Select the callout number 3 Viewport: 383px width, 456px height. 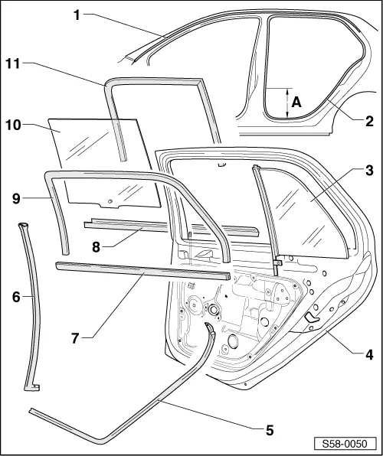tap(368, 171)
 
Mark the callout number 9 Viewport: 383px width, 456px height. tap(15, 197)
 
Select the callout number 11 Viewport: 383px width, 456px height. tap(13, 64)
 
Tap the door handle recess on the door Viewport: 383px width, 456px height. tap(312, 318)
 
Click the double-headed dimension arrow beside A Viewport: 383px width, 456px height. tap(285, 102)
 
